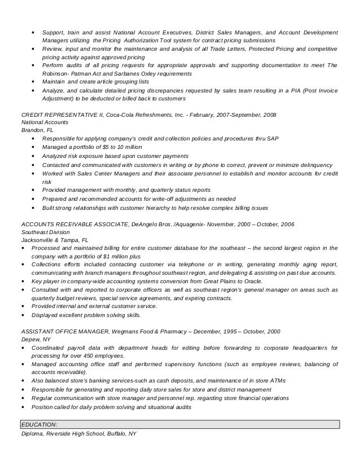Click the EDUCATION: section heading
[39, 424]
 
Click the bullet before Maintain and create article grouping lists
[34, 82]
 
